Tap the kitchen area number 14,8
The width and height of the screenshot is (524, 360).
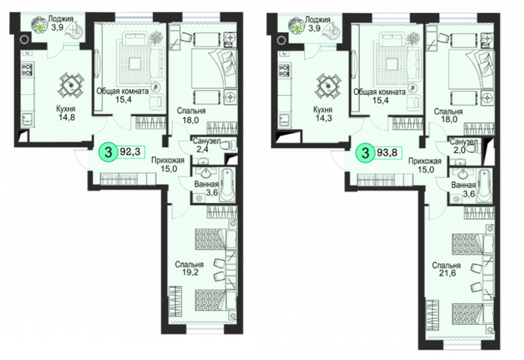pos(66,117)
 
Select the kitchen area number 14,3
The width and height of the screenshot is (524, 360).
pos(323,118)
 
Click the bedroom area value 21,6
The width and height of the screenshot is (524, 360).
pos(446,273)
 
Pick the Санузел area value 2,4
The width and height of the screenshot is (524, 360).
pos(203,150)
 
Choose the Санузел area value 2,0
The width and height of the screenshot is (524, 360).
pos(460,150)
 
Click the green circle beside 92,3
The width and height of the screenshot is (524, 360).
pos(108,153)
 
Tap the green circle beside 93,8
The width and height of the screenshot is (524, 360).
pos(365,153)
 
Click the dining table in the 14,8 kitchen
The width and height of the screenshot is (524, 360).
pos(71,85)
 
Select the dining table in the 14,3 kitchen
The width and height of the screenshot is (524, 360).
pos(328,85)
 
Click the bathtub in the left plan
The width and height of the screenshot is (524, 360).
pos(228,185)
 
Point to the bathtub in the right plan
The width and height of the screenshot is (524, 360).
pos(484,186)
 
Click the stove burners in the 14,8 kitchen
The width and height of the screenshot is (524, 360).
pos(27,70)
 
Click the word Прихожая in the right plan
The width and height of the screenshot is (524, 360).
pos(424,162)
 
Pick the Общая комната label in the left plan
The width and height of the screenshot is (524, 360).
pos(122,91)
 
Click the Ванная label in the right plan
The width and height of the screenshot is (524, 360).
pos(463,185)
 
